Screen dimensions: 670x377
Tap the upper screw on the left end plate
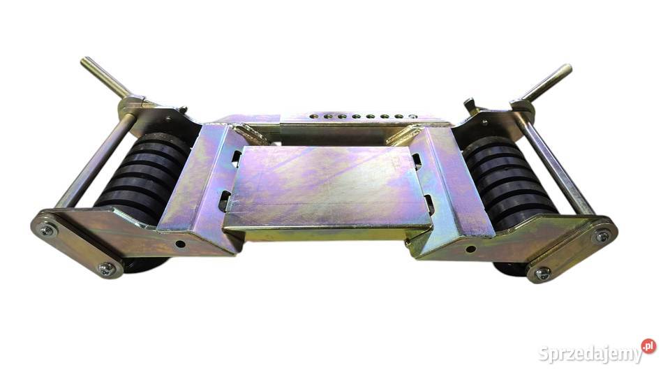pos(46,230)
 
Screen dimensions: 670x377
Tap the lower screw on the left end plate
pos(106,268)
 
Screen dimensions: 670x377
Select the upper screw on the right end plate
pos(602,236)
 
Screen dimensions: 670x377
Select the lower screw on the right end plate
pos(543,272)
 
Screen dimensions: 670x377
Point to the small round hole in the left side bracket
pos(180,244)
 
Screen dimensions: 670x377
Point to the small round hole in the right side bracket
pos(470,249)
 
